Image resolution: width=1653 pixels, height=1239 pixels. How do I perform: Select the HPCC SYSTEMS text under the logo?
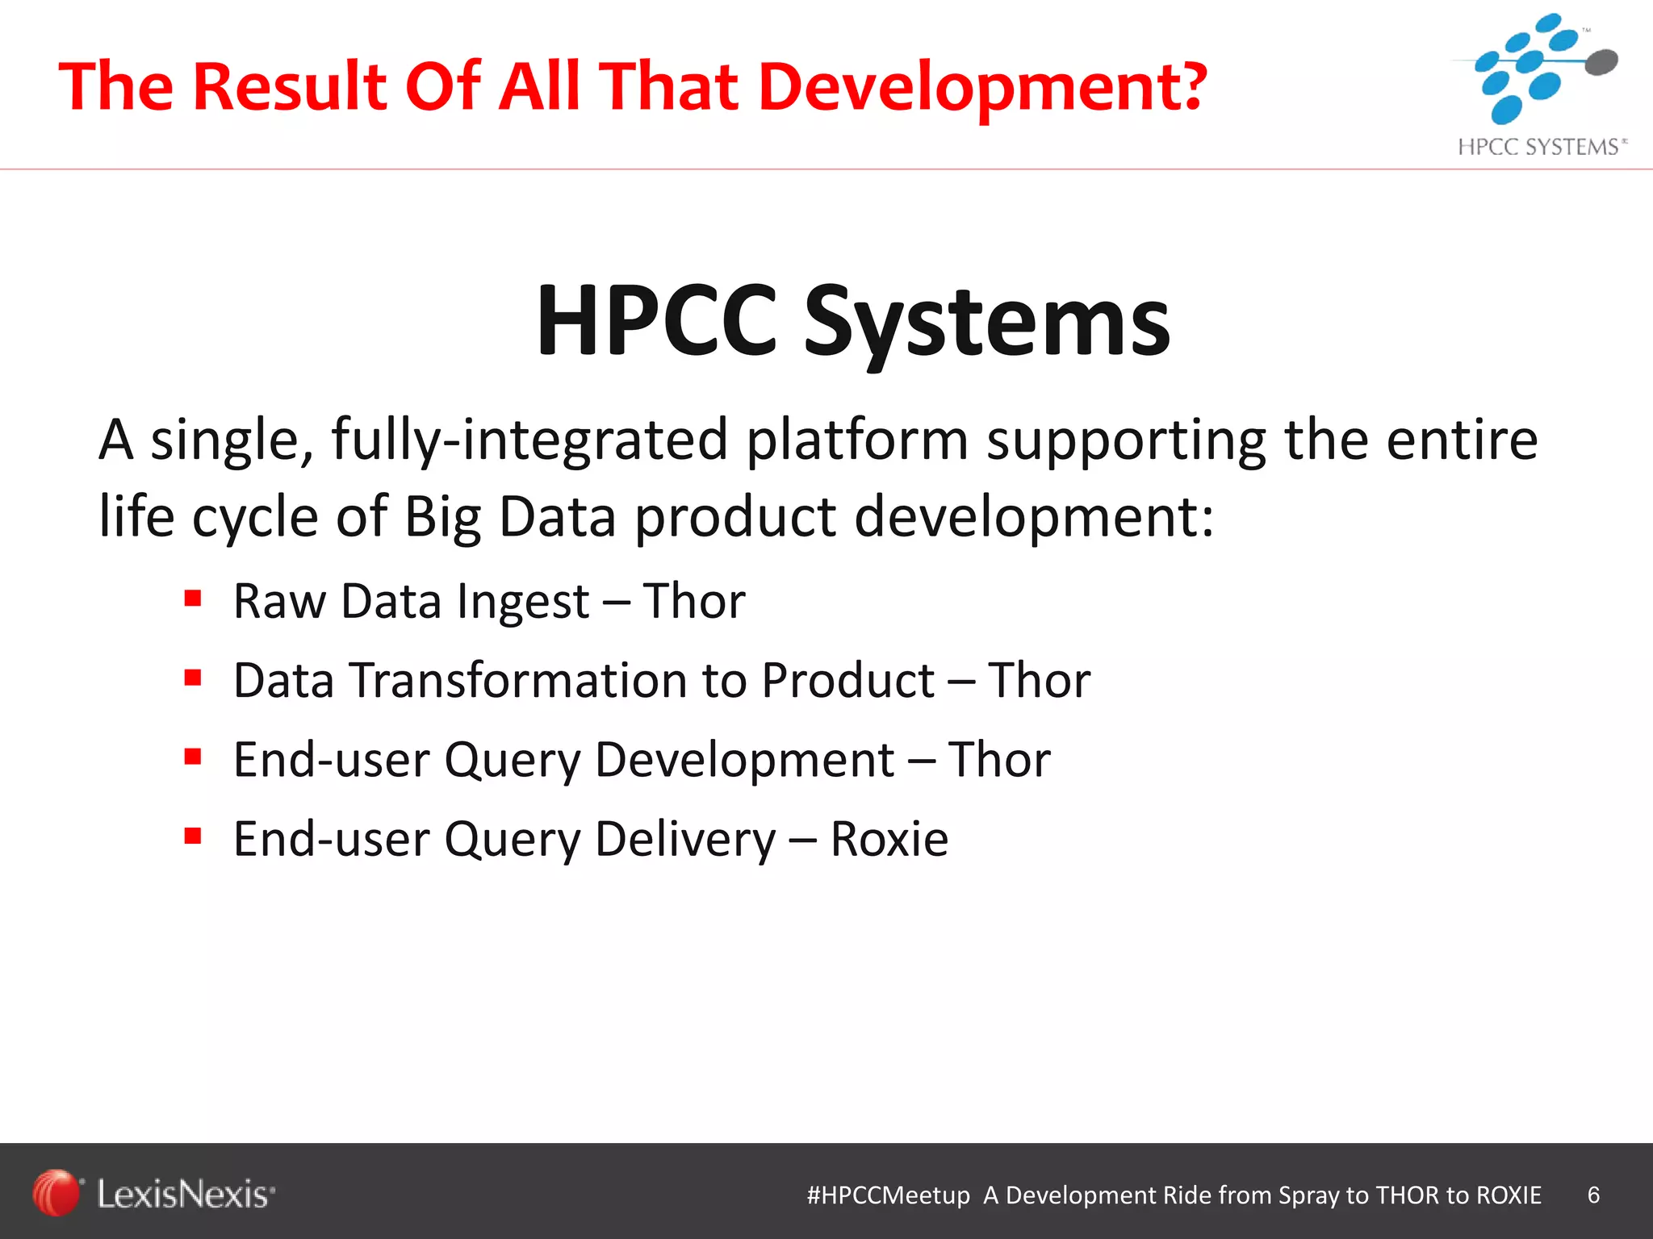[x=1540, y=147]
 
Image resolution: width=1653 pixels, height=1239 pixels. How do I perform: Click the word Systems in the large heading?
[x=986, y=323]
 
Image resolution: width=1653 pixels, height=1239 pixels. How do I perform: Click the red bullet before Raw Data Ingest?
[x=192, y=599]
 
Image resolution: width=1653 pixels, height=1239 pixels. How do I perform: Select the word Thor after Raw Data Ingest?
[x=693, y=601]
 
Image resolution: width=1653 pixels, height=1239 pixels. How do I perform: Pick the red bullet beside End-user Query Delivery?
[x=192, y=836]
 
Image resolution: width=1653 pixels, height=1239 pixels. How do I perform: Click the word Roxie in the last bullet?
[x=889, y=839]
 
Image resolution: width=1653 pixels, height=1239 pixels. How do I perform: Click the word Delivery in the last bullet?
[x=684, y=839]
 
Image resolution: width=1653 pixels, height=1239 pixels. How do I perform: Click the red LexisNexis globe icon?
[x=56, y=1192]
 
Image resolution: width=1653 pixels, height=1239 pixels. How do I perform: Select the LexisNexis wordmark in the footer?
[x=185, y=1194]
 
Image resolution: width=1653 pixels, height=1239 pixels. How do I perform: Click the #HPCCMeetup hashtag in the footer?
[x=888, y=1195]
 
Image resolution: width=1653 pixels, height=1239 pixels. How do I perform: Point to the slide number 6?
[x=1593, y=1195]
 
